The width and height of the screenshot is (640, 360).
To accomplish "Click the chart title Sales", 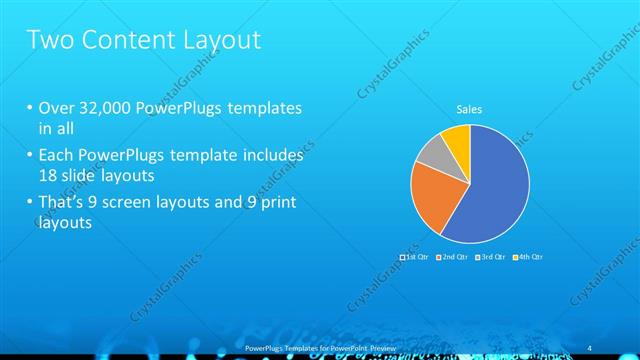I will [x=469, y=109].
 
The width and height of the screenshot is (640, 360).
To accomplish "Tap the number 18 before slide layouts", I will [x=46, y=175].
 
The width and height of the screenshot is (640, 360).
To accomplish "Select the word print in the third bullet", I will [x=276, y=204].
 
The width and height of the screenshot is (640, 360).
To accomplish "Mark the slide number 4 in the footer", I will [x=586, y=345].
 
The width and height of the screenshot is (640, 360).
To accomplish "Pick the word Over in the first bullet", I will [x=55, y=108].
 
